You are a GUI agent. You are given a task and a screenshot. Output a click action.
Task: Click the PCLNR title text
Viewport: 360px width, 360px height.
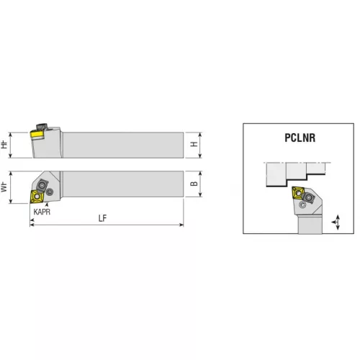coord(300,138)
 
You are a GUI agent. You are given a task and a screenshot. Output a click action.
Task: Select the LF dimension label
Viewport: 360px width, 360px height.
coord(102,218)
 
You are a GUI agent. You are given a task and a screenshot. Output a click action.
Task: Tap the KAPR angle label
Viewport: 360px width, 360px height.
coord(42,212)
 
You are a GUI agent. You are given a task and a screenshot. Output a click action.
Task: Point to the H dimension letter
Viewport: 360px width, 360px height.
coord(194,144)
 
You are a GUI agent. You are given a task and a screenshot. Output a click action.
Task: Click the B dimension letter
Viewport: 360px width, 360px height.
coord(194,184)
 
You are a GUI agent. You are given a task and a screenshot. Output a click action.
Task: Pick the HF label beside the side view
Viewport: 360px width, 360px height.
coord(4,145)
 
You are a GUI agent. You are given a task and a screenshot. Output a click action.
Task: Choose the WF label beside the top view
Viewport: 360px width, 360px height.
coord(4,187)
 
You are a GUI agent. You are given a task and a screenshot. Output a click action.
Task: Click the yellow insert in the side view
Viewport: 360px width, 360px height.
coord(37,135)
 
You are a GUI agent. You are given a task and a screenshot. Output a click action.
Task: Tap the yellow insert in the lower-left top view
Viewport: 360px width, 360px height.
coord(37,197)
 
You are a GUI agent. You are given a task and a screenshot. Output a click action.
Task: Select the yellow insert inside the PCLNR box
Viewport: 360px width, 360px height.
coord(298,193)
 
